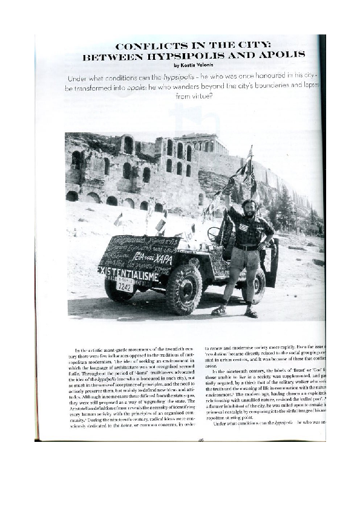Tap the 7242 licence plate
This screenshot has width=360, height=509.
coord(125,287)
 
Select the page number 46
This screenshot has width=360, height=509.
coord(201,439)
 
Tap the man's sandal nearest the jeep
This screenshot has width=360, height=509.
coord(219,311)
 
